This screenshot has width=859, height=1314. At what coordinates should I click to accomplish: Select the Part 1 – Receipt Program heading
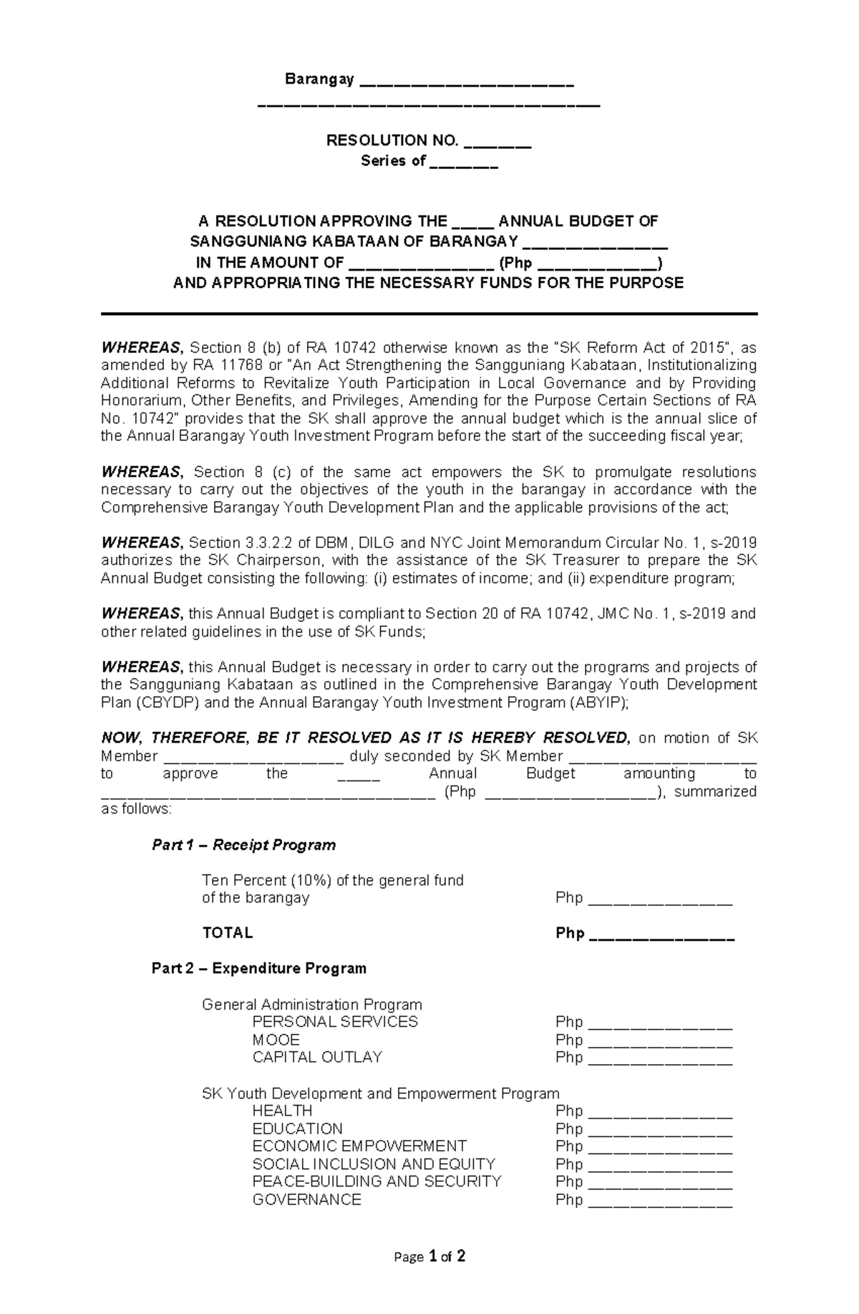[243, 845]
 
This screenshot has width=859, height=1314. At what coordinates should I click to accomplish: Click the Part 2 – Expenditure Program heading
[258, 968]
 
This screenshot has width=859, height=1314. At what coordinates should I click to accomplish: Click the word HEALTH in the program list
[282, 1111]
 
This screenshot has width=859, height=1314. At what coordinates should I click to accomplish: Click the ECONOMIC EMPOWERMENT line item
[359, 1146]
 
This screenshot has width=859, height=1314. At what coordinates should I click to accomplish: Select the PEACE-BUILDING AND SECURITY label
[377, 1182]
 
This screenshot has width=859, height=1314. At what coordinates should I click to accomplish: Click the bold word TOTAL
[228, 933]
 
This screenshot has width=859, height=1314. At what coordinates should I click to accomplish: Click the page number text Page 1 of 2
[429, 1276]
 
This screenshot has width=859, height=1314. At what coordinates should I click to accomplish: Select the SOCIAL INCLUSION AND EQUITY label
[374, 1164]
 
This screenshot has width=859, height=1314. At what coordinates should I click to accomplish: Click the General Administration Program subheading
[311, 1004]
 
